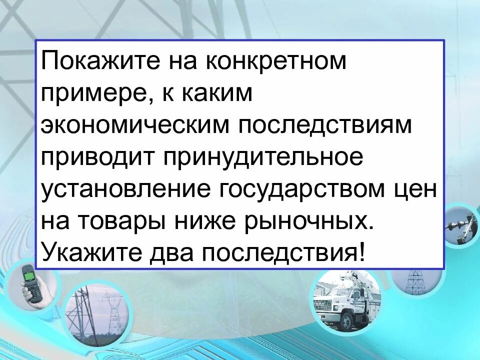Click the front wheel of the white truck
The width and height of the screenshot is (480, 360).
pos(344,322)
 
